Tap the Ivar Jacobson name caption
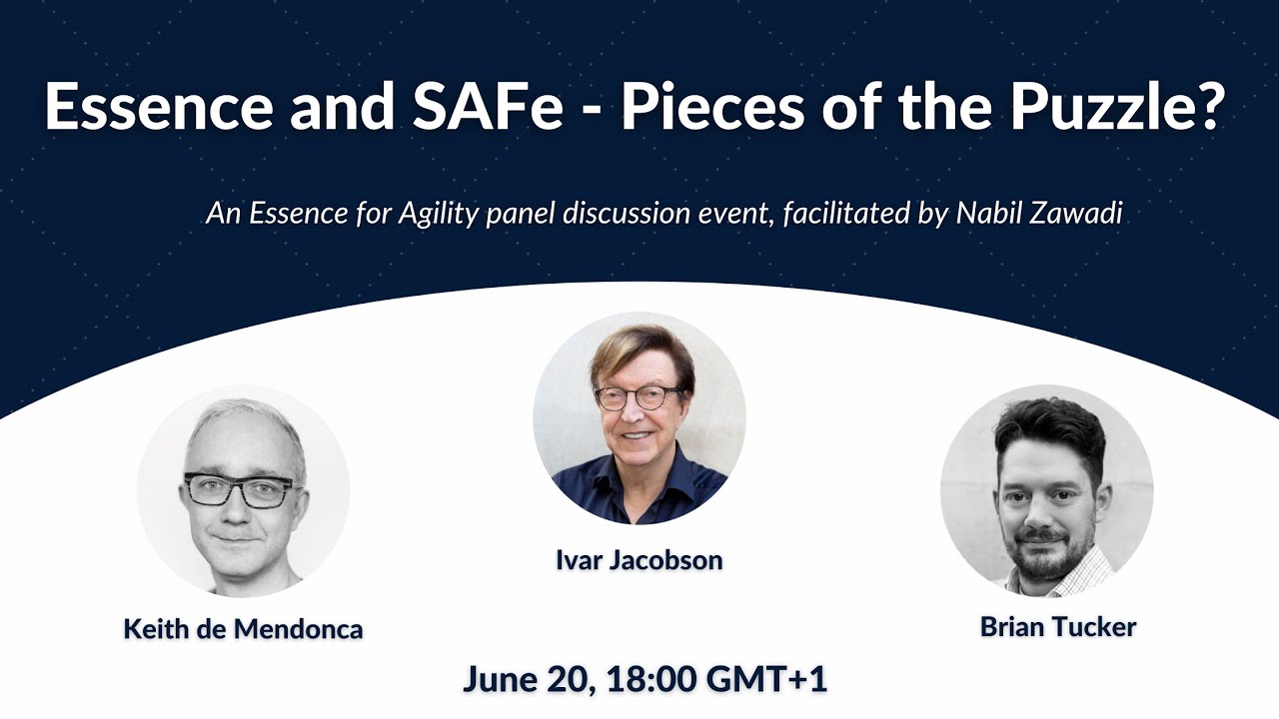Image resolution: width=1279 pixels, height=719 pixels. point(639,560)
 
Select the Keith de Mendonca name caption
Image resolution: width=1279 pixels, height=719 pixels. point(243,629)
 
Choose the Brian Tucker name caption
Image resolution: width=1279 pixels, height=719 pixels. point(1058,627)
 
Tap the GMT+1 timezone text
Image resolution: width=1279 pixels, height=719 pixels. point(766,679)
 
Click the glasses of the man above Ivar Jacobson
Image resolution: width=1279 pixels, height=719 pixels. point(639,397)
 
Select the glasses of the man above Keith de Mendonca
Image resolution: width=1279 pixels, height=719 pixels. point(241,489)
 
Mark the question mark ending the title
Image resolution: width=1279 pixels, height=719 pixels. point(1209,108)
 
